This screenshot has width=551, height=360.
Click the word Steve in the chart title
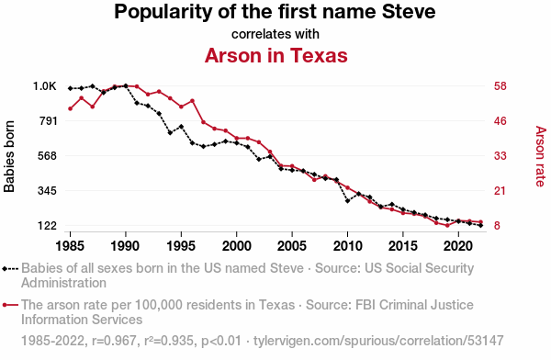click(409, 12)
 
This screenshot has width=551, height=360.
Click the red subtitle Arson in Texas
click(275, 55)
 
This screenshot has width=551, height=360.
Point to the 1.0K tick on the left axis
click(45, 85)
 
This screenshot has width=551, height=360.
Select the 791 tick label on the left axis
click(48, 121)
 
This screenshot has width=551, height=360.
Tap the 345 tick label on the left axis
click(48, 191)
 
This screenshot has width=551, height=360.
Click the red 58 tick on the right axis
click(500, 85)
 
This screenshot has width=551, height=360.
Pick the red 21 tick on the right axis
click(500, 191)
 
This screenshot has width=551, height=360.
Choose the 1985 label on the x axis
click(70, 246)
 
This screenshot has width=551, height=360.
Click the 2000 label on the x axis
click(237, 246)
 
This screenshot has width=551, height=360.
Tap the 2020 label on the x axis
click(458, 246)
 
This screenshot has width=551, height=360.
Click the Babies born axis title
click(9, 156)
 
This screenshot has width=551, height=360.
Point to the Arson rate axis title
click(541, 156)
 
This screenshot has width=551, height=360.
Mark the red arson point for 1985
click(71, 108)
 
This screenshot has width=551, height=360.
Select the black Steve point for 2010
click(347, 201)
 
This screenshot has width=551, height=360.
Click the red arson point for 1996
click(192, 101)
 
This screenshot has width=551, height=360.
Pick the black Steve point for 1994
click(170, 132)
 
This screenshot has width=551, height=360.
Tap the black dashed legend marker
click(10, 269)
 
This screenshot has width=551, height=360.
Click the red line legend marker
click(10, 305)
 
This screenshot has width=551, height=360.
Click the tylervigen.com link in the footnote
click(378, 341)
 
